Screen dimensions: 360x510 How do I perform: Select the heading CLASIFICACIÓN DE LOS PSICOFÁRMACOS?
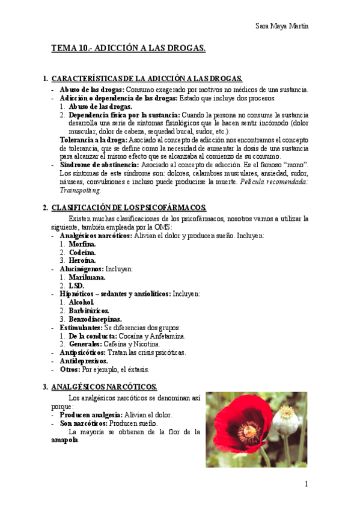[x=129, y=208]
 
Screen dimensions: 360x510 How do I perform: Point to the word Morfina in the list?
[x=82, y=244]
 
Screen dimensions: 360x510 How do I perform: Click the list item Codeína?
[x=82, y=253]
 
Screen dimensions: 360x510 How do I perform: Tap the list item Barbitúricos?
[x=89, y=310]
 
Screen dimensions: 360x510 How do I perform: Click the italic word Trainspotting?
[x=81, y=189]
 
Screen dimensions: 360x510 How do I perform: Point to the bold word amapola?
[x=64, y=440]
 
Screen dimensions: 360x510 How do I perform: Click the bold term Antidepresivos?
[x=84, y=361]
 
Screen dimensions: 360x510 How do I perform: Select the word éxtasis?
[x=136, y=369]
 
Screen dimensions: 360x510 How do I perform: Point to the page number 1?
[x=306, y=484]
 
